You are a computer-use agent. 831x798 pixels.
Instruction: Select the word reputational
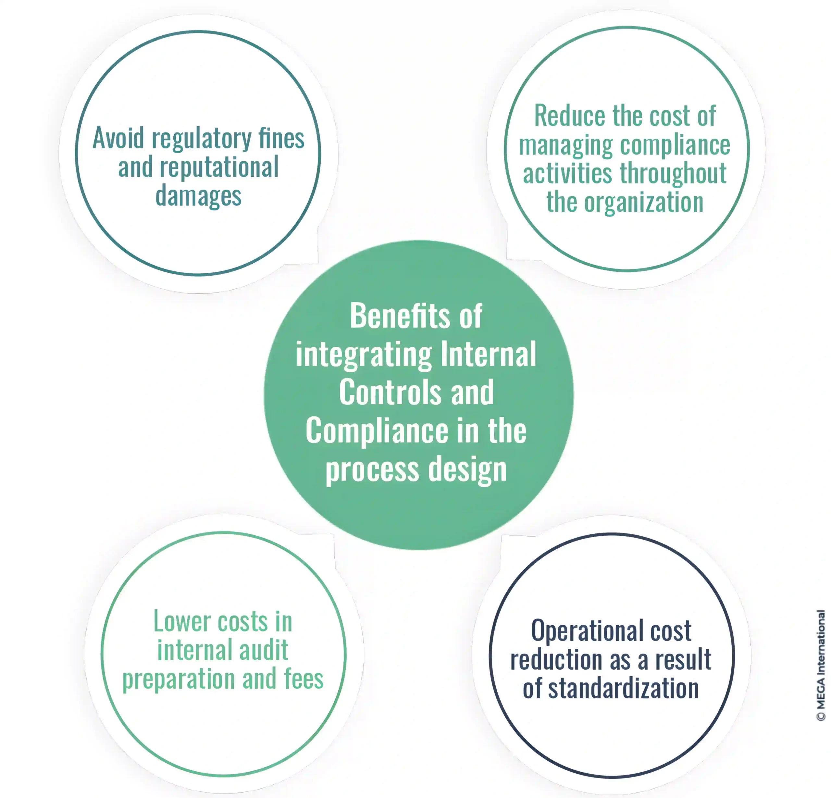[x=219, y=168]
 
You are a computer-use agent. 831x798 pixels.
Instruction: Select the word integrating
[x=364, y=355]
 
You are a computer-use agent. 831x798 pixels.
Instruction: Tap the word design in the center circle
[x=467, y=470]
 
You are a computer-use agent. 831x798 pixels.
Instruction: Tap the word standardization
[x=623, y=688]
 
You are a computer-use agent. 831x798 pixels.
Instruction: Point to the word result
[x=683, y=660]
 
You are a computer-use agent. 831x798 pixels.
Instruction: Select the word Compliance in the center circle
[x=377, y=431]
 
